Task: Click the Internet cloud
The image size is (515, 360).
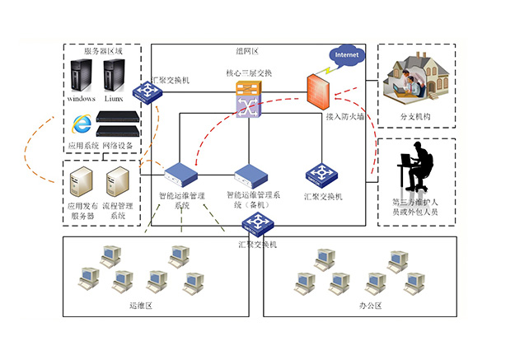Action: [x=345, y=54]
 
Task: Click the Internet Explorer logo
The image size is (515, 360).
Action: [x=82, y=124]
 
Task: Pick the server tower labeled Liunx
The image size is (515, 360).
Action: [x=114, y=77]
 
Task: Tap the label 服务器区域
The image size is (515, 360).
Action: [x=103, y=51]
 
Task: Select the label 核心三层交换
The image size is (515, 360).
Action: [x=249, y=73]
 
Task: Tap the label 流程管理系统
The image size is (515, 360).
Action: [x=118, y=211]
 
